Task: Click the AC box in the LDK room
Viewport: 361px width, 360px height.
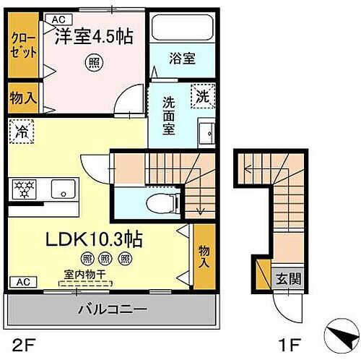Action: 23,281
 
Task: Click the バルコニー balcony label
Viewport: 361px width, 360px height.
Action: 112,309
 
